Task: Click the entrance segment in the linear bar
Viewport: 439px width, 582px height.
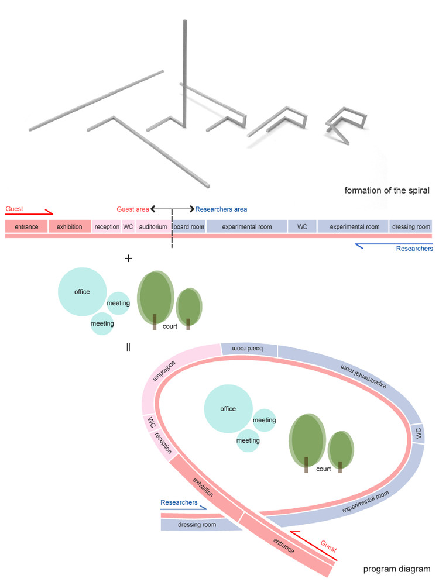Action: click(26, 226)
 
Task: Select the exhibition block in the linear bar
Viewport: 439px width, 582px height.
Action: click(69, 226)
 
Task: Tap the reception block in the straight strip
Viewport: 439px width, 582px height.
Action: click(107, 226)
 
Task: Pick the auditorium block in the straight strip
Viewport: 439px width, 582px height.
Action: click(153, 226)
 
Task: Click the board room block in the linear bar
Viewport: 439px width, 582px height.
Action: click(188, 226)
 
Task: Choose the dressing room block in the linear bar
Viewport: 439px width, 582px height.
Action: click(411, 226)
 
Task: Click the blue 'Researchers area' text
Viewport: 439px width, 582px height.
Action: click(221, 209)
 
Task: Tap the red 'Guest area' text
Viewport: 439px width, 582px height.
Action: click(133, 209)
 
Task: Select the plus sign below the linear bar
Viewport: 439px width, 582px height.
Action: click(129, 259)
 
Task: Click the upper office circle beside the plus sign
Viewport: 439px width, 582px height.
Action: click(82, 291)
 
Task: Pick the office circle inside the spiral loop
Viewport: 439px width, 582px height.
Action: click(228, 409)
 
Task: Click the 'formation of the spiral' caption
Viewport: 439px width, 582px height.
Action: click(387, 191)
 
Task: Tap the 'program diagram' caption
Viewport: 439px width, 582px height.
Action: click(396, 569)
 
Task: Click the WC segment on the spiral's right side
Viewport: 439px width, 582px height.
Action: click(418, 433)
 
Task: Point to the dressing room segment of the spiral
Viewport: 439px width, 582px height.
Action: click(197, 525)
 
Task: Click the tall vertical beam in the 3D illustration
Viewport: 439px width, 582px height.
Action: click(186, 73)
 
